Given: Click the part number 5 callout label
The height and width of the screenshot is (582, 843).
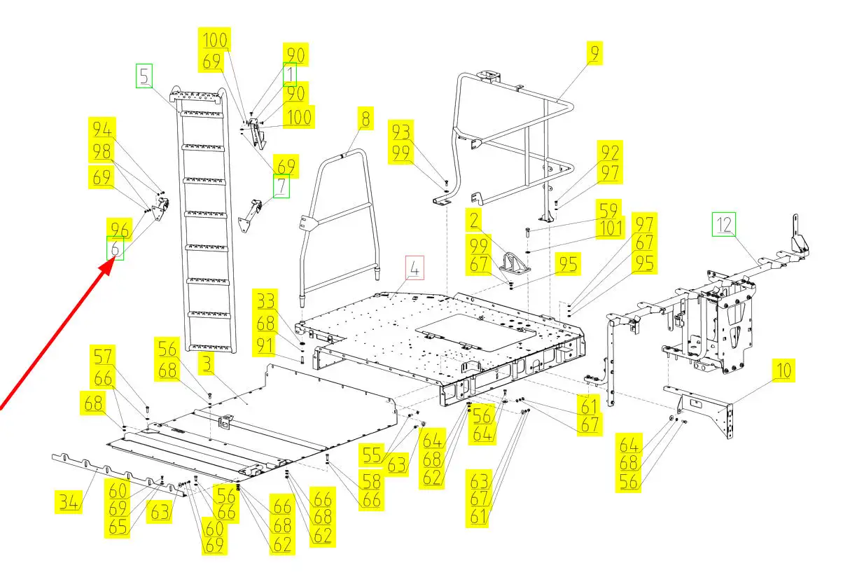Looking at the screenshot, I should (144, 76).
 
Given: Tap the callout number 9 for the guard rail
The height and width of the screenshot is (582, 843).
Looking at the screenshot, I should (594, 53).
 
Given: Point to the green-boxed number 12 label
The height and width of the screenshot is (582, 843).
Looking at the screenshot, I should (725, 225).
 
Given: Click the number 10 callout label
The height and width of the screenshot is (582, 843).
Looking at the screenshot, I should (783, 371).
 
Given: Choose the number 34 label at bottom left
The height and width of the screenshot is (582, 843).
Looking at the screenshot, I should (68, 501).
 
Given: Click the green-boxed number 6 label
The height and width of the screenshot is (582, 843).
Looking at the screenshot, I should (115, 248).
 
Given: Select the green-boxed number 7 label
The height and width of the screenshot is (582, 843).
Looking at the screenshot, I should (281, 187).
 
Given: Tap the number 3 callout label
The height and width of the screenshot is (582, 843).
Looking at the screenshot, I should (207, 364).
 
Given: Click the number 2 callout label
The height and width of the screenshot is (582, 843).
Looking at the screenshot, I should (475, 221).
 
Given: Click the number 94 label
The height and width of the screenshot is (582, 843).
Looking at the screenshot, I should (102, 130).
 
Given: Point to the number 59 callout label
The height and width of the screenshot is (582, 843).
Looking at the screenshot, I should (608, 209).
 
